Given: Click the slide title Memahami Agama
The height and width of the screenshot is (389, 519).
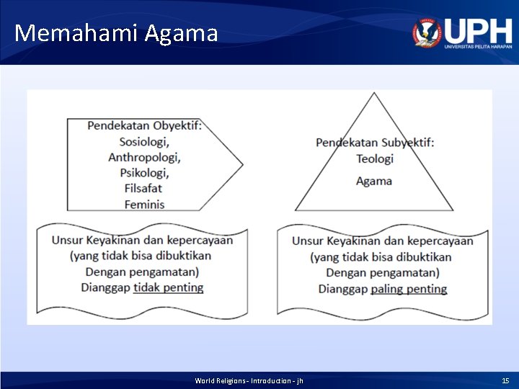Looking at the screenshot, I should (115, 33).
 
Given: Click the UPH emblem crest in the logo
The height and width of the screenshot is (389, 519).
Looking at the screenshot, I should (427, 32).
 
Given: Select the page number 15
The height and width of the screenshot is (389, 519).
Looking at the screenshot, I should (505, 380).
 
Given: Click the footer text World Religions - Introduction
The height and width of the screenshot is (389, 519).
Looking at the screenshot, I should (249, 380).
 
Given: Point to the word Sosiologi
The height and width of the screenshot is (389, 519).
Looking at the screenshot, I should (144, 141).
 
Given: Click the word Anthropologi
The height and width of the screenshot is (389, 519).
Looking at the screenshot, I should (144, 157).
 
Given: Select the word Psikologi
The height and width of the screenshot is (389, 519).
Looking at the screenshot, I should (144, 173).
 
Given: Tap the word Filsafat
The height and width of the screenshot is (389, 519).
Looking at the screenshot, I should (144, 189).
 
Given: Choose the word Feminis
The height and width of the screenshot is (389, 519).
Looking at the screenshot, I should (144, 205).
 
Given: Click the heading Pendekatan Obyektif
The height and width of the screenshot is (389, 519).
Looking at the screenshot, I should (145, 126).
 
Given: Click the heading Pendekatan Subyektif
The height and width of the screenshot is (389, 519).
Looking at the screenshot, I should (375, 143).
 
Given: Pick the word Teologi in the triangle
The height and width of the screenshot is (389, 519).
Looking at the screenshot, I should (375, 158).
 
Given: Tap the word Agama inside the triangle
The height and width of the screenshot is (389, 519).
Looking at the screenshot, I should (374, 181).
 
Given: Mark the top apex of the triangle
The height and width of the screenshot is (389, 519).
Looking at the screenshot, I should (373, 94).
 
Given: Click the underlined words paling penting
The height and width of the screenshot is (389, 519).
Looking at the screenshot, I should (409, 289).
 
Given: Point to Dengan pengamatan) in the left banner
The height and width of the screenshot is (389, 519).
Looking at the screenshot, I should (142, 272).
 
